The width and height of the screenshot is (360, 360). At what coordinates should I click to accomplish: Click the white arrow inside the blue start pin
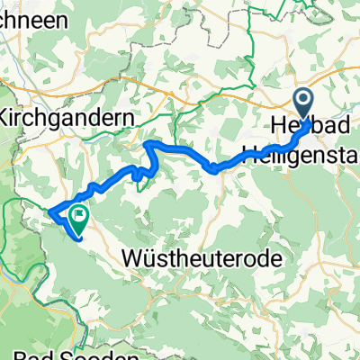point(303,101)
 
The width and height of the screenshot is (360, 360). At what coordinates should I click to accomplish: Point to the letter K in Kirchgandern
point(7,119)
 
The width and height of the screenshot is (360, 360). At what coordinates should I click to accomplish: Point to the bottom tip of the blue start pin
point(303,121)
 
